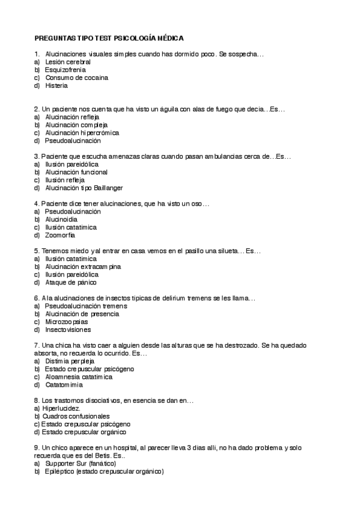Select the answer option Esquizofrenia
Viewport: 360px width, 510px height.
point(65,70)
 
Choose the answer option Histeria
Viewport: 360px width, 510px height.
point(56,85)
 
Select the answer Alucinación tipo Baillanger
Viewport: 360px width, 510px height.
point(84,188)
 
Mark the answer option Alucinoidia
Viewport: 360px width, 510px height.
point(61,220)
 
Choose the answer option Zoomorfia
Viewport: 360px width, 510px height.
point(60,235)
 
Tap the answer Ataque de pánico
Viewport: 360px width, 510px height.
point(70,282)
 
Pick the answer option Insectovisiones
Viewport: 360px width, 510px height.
point(68,330)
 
